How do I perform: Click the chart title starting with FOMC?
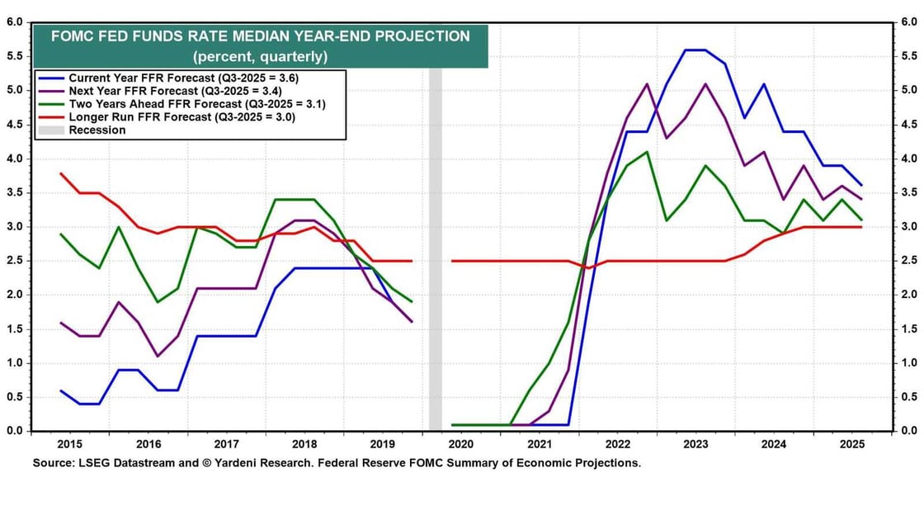pos(260,36)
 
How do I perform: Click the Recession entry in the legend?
pos(97,130)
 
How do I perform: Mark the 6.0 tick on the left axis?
pos(14,22)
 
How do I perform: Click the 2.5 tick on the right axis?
pos(907,261)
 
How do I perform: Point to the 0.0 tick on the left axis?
pos(14,431)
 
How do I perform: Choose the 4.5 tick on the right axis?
pos(907,125)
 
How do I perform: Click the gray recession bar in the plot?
pos(435,248)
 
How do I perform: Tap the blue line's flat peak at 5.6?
pos(695,50)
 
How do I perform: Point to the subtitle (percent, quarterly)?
pos(260,57)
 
